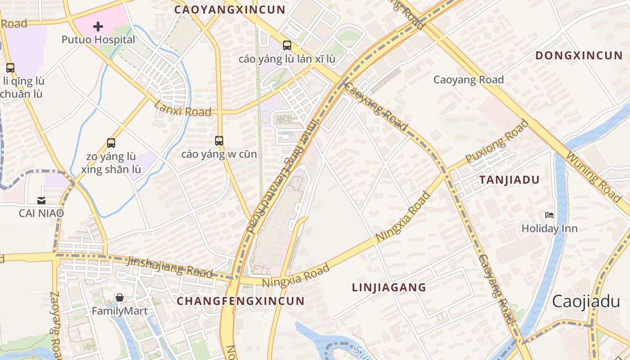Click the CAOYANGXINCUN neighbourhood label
229,9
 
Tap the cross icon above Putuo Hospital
98,27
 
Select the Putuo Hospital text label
98,40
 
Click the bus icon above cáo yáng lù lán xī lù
287,45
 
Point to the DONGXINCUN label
579,55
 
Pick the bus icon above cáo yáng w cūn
219,141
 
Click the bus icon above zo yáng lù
111,143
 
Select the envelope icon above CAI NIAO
41,200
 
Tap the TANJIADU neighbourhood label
509,180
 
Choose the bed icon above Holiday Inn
549,215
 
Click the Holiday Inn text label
549,229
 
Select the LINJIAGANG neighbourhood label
389,287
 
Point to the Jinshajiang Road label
170,266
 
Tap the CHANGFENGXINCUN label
241,301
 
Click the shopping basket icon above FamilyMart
120,297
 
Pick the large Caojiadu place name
586,301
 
